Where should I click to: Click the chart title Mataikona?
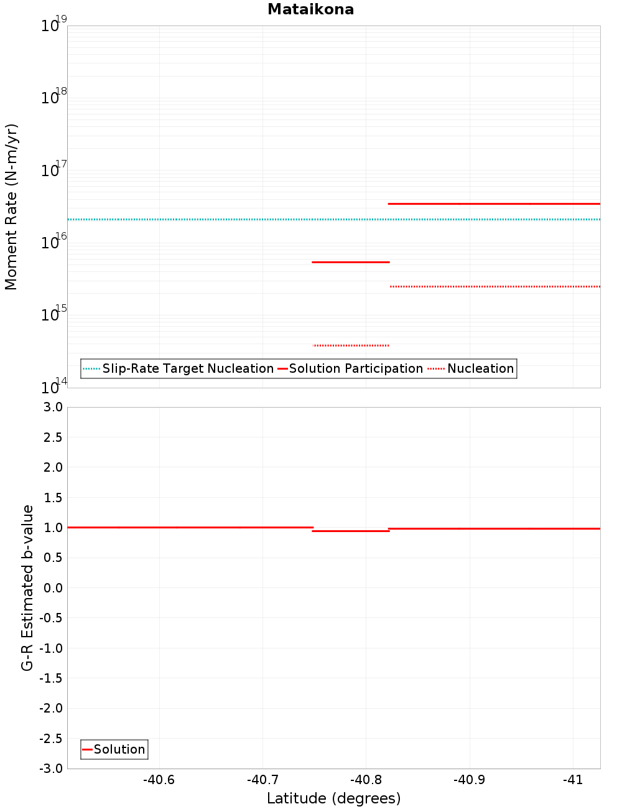pyautogui.click(x=310, y=9)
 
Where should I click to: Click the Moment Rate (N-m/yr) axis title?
pyautogui.click(x=11, y=207)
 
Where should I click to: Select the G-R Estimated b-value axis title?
pyautogui.click(x=27, y=587)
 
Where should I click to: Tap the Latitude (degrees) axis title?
pyautogui.click(x=333, y=798)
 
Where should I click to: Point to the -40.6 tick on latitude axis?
pyautogui.click(x=159, y=780)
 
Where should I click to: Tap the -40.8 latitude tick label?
pyautogui.click(x=366, y=780)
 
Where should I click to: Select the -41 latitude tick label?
pyautogui.click(x=573, y=780)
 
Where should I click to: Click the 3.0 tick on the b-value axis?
pyautogui.click(x=53, y=407)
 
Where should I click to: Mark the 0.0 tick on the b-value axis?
pyautogui.click(x=53, y=587)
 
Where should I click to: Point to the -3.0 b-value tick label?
pyautogui.click(x=51, y=769)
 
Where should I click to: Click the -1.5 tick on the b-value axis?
pyautogui.click(x=51, y=678)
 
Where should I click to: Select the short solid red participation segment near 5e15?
pyautogui.click(x=350, y=262)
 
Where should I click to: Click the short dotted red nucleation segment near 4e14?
pyautogui.click(x=351, y=345)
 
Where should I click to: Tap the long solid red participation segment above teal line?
pyautogui.click(x=494, y=203)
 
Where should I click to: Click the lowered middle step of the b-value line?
pyautogui.click(x=350, y=531)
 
